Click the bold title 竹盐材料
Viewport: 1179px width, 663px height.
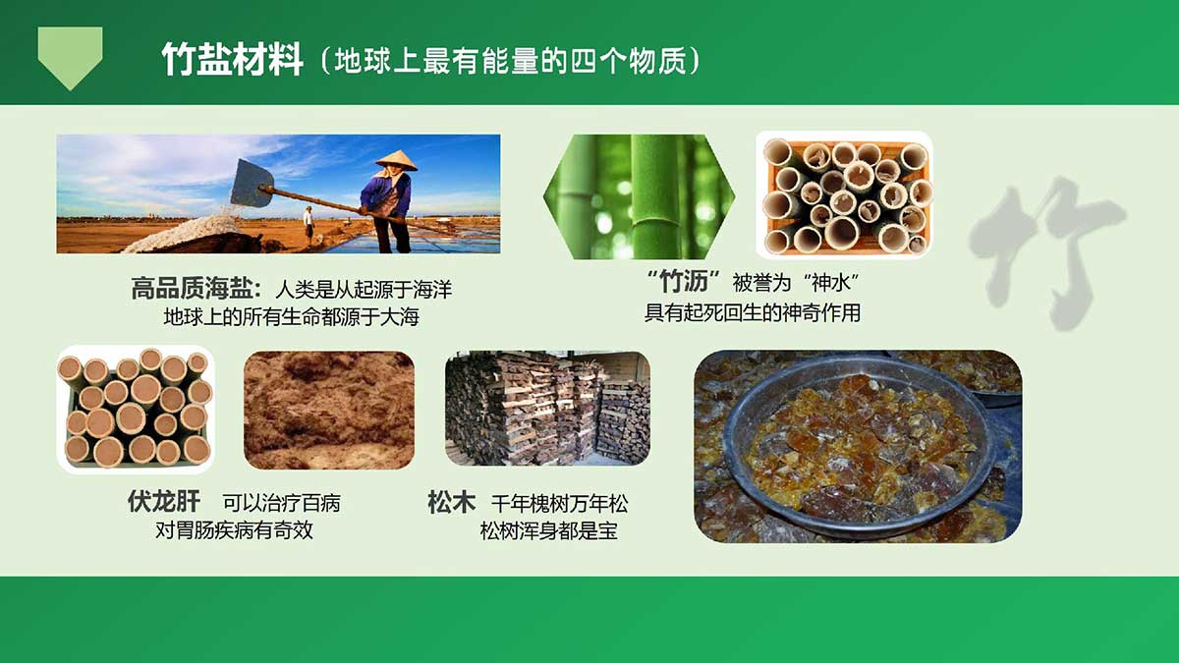232,60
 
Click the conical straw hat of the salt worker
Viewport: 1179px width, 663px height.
396,160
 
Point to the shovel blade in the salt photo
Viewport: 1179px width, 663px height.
252,183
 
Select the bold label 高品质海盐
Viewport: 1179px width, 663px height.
196,289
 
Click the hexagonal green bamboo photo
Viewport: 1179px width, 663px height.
639,196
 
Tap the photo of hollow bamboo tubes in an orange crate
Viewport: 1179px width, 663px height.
844,195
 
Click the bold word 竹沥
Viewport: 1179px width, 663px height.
684,282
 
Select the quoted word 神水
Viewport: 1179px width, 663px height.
831,283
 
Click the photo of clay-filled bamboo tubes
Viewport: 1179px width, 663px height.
136,410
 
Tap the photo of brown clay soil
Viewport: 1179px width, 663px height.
329,410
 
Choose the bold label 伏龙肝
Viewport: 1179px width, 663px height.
164,502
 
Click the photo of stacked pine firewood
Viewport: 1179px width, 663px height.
547,409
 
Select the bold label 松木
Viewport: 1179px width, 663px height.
452,502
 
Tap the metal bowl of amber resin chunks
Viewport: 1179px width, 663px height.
858,446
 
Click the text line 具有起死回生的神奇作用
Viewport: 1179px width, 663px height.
753,313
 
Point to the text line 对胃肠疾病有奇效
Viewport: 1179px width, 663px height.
234,529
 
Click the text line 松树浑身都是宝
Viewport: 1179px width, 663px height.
549,531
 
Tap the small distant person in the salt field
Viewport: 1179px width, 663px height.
309,225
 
